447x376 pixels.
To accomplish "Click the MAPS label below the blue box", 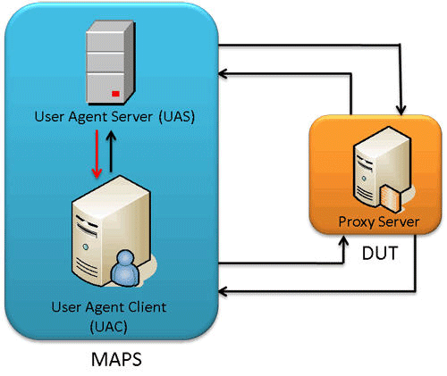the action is coord(116,359).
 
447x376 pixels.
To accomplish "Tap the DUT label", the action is coord(380,253).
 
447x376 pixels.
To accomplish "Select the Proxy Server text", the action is coord(379,221).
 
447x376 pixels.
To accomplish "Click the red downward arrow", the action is coord(97,155).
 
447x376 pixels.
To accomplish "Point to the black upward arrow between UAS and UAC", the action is coord(111,152).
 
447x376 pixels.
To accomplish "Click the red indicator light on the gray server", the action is coord(115,94).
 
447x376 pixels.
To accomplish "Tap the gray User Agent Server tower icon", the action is coord(110,63).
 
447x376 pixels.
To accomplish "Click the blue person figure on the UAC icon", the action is coord(125,268).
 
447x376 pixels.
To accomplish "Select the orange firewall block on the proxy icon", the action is coord(390,198).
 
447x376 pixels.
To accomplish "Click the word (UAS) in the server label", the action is coord(176,116).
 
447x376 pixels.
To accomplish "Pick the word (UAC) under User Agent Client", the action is coord(109,327).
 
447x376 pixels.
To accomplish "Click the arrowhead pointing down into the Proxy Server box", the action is coord(401,110).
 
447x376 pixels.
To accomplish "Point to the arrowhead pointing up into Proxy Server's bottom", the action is coord(344,240).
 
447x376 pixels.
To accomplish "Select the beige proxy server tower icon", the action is coord(384,168).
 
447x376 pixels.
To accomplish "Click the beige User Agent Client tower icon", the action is coord(111,231).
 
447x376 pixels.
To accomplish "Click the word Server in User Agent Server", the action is coord(132,116).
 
